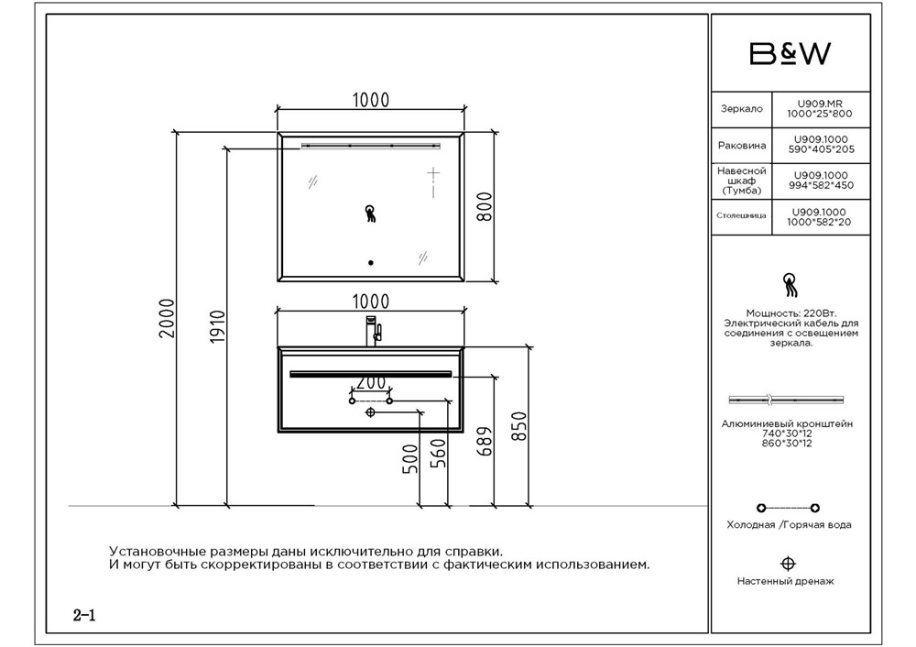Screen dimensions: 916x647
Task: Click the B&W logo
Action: pos(790,54)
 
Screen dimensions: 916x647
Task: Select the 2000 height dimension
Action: pos(167,318)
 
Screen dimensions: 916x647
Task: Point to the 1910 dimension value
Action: pos(217,327)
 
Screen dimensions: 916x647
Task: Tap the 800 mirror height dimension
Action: pos(485,206)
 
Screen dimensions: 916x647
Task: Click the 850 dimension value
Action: pos(518,426)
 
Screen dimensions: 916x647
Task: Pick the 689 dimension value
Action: pos(485,442)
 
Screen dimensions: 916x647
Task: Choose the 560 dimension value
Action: pos(438,453)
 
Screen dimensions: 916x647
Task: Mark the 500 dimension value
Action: pos(410,459)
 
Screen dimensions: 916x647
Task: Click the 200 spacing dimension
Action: pos(371,383)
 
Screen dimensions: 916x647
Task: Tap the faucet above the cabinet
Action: pos(373,331)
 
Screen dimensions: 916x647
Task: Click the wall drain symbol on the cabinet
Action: pos(370,412)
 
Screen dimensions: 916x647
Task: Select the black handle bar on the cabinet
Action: pos(370,374)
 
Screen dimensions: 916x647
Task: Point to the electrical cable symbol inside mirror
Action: pos(370,214)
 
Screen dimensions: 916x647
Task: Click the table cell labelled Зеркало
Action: pos(741,109)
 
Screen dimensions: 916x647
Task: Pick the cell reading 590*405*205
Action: pos(821,149)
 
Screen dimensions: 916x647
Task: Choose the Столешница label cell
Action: pos(741,215)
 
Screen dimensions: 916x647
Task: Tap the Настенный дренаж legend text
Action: pos(786,581)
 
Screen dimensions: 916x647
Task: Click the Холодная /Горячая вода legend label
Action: pos(789,525)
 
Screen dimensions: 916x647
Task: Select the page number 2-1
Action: pos(84,615)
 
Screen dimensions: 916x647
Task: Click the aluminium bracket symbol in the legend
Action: pos(786,400)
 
